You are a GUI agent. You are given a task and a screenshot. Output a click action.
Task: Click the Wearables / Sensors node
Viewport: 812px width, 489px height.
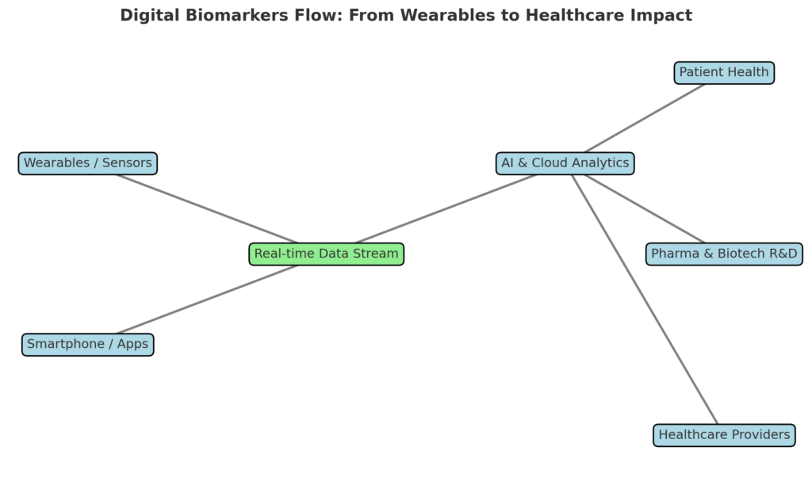point(87,163)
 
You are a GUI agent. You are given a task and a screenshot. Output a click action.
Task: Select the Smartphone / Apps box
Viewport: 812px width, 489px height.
point(87,345)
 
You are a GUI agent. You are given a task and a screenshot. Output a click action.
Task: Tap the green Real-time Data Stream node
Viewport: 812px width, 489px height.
point(326,254)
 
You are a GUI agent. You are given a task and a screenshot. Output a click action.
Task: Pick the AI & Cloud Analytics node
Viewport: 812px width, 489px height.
point(565,163)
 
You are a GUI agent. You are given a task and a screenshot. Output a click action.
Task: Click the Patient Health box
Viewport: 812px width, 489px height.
point(723,73)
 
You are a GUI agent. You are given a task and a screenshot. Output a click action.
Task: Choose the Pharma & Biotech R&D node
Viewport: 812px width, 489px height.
point(723,254)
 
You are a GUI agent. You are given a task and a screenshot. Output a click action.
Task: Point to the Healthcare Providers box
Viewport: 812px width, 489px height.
point(724,435)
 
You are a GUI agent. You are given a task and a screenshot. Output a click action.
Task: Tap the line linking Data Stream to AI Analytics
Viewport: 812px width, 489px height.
point(445,208)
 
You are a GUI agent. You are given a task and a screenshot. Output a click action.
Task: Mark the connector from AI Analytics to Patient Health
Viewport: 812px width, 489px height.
point(644,118)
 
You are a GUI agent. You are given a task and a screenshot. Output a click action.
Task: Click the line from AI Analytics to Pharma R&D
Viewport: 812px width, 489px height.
point(644,208)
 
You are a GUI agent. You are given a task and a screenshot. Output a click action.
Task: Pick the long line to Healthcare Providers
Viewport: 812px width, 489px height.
point(644,300)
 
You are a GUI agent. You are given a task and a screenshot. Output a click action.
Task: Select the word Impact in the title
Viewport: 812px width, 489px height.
point(664,15)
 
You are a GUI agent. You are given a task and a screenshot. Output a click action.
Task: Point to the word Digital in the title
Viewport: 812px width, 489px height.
point(147,15)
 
